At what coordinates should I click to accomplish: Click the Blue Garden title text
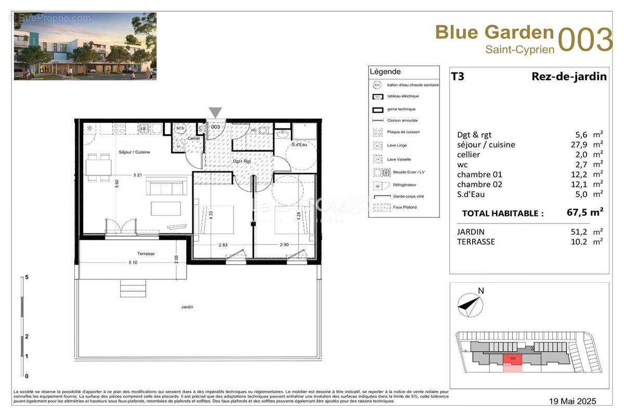[x=494, y=32]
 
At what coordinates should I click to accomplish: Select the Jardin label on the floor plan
[x=187, y=307]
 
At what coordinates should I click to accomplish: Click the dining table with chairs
[x=99, y=167]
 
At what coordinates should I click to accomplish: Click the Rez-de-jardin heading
[x=568, y=77]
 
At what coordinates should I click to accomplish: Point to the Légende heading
[x=385, y=72]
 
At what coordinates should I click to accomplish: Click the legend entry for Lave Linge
[x=397, y=146]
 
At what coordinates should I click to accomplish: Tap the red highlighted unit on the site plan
[x=513, y=359]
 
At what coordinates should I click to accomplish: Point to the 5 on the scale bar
[x=26, y=277]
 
